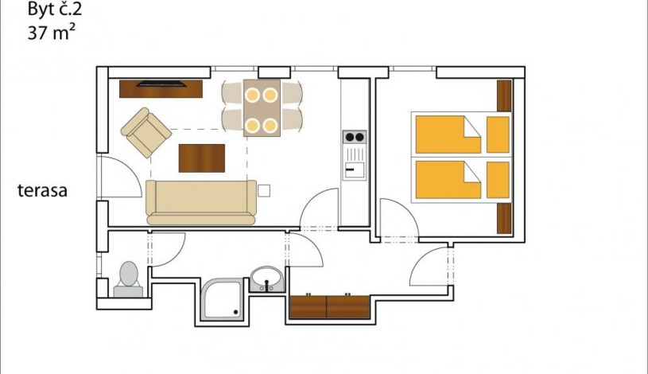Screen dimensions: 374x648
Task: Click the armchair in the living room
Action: pos(146,132)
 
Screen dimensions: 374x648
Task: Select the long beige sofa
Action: pos(201,201)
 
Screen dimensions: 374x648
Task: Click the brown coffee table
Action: pos(202,157)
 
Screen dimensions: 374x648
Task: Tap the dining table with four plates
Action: pos(261,107)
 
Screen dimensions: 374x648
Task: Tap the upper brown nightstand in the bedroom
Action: pos(502,95)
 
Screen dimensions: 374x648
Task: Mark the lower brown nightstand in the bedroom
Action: pos(502,218)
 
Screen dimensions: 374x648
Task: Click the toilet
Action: pos(128,279)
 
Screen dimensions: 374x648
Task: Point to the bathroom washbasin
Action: pos(266,279)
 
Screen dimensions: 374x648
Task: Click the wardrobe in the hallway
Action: pos(329,306)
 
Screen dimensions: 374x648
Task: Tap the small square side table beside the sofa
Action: pos(264,190)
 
